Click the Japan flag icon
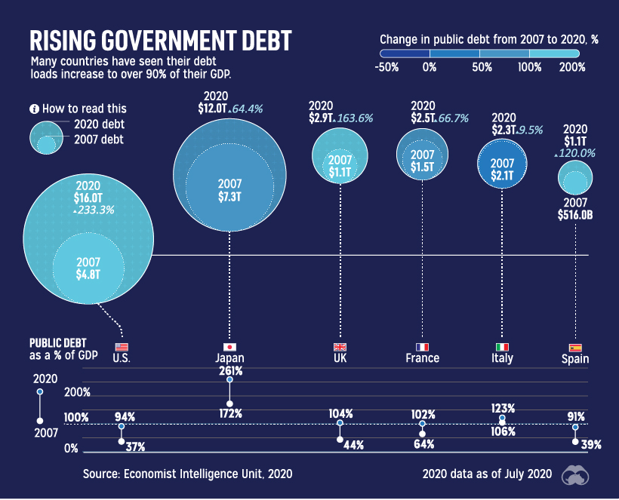pyautogui.click(x=229, y=346)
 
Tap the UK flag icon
pyautogui.click(x=340, y=346)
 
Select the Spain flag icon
pyautogui.click(x=575, y=347)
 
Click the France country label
pyautogui.click(x=422, y=358)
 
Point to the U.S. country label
pyautogui.click(x=122, y=358)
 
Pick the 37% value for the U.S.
pyautogui.click(x=135, y=447)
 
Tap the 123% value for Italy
pyautogui.click(x=503, y=408)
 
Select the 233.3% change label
pyautogui.click(x=95, y=210)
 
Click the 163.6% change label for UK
pyautogui.click(x=355, y=118)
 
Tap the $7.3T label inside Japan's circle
pyautogui.click(x=229, y=197)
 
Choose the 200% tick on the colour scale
pyautogui.click(x=573, y=67)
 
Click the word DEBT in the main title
pyautogui.click(x=250, y=41)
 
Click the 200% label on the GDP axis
pyautogui.click(x=77, y=392)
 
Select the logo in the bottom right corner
pyautogui.click(x=579, y=474)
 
